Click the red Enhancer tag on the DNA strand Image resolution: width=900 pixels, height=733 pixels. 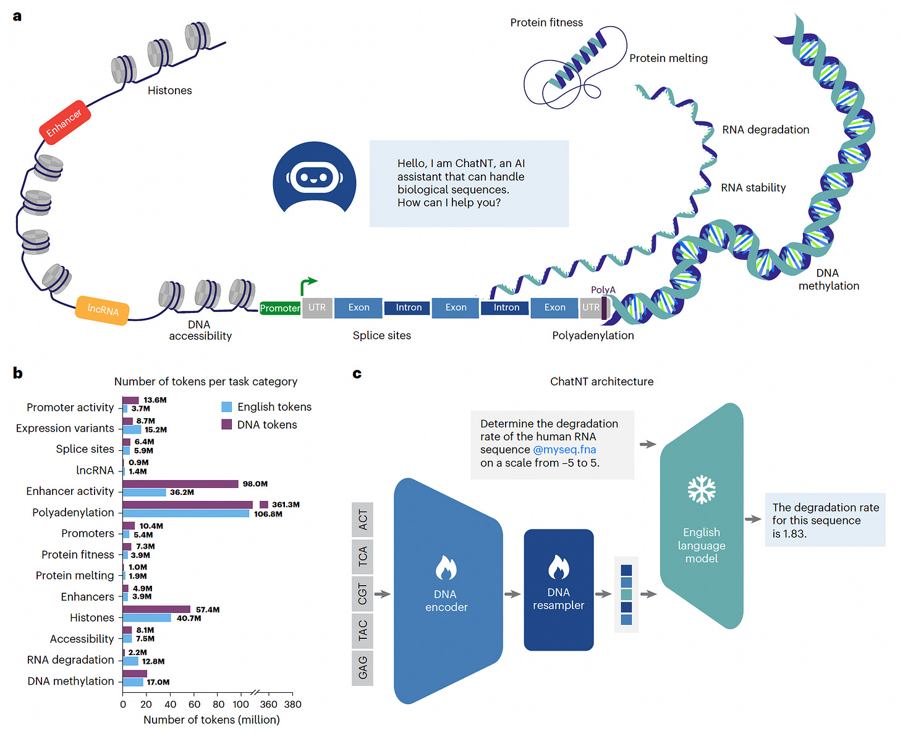[65, 122]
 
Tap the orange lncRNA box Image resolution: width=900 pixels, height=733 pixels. [102, 311]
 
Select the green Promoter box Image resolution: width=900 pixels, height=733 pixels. [280, 308]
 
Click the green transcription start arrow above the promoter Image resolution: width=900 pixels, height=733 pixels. [308, 286]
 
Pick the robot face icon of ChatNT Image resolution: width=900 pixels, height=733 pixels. [315, 177]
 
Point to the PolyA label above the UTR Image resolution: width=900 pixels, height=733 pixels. [603, 290]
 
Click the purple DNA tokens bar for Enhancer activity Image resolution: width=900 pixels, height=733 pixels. [180, 484]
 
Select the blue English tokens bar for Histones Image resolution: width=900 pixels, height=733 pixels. [147, 617]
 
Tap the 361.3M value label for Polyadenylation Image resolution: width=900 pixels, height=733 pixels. [286, 504]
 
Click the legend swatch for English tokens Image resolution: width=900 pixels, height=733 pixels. [226, 406]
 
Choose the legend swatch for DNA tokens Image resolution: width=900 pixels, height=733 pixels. [226, 424]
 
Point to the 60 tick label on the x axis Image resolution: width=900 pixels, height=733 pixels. [194, 705]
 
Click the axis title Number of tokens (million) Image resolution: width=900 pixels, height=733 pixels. [211, 719]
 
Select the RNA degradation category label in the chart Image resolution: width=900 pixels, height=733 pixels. [70, 659]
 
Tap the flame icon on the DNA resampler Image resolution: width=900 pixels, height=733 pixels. [559, 567]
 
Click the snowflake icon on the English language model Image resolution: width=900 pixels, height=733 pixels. [702, 489]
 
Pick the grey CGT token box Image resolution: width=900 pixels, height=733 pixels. [363, 594]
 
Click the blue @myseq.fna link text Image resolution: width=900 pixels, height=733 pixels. [564, 449]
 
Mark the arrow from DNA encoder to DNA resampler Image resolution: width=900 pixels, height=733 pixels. [512, 594]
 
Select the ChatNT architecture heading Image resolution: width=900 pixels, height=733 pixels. [601, 381]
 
